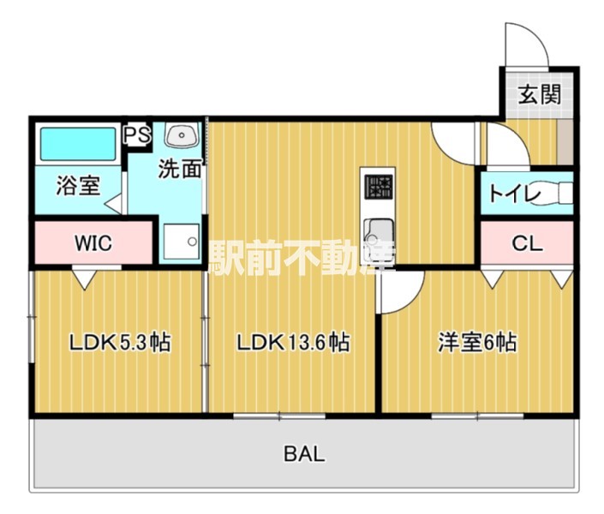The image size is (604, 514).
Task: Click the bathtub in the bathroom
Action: coord(78,143)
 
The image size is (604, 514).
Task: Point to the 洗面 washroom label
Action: coord(180,168)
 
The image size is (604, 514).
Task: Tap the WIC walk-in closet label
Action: coord(92,242)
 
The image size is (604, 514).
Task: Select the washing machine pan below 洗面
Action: coord(181,242)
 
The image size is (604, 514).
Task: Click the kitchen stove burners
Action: coord(379,187)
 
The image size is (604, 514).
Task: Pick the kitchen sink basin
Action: coord(378,232)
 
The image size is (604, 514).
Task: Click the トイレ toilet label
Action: coord(515,194)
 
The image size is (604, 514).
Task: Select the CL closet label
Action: coord(527,243)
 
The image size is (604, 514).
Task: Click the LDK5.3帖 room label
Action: coord(119,344)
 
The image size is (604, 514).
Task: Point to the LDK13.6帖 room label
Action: coord(292,344)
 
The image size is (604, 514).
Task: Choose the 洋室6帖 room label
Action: coord(475,344)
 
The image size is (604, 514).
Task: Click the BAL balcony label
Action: coord(304,454)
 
